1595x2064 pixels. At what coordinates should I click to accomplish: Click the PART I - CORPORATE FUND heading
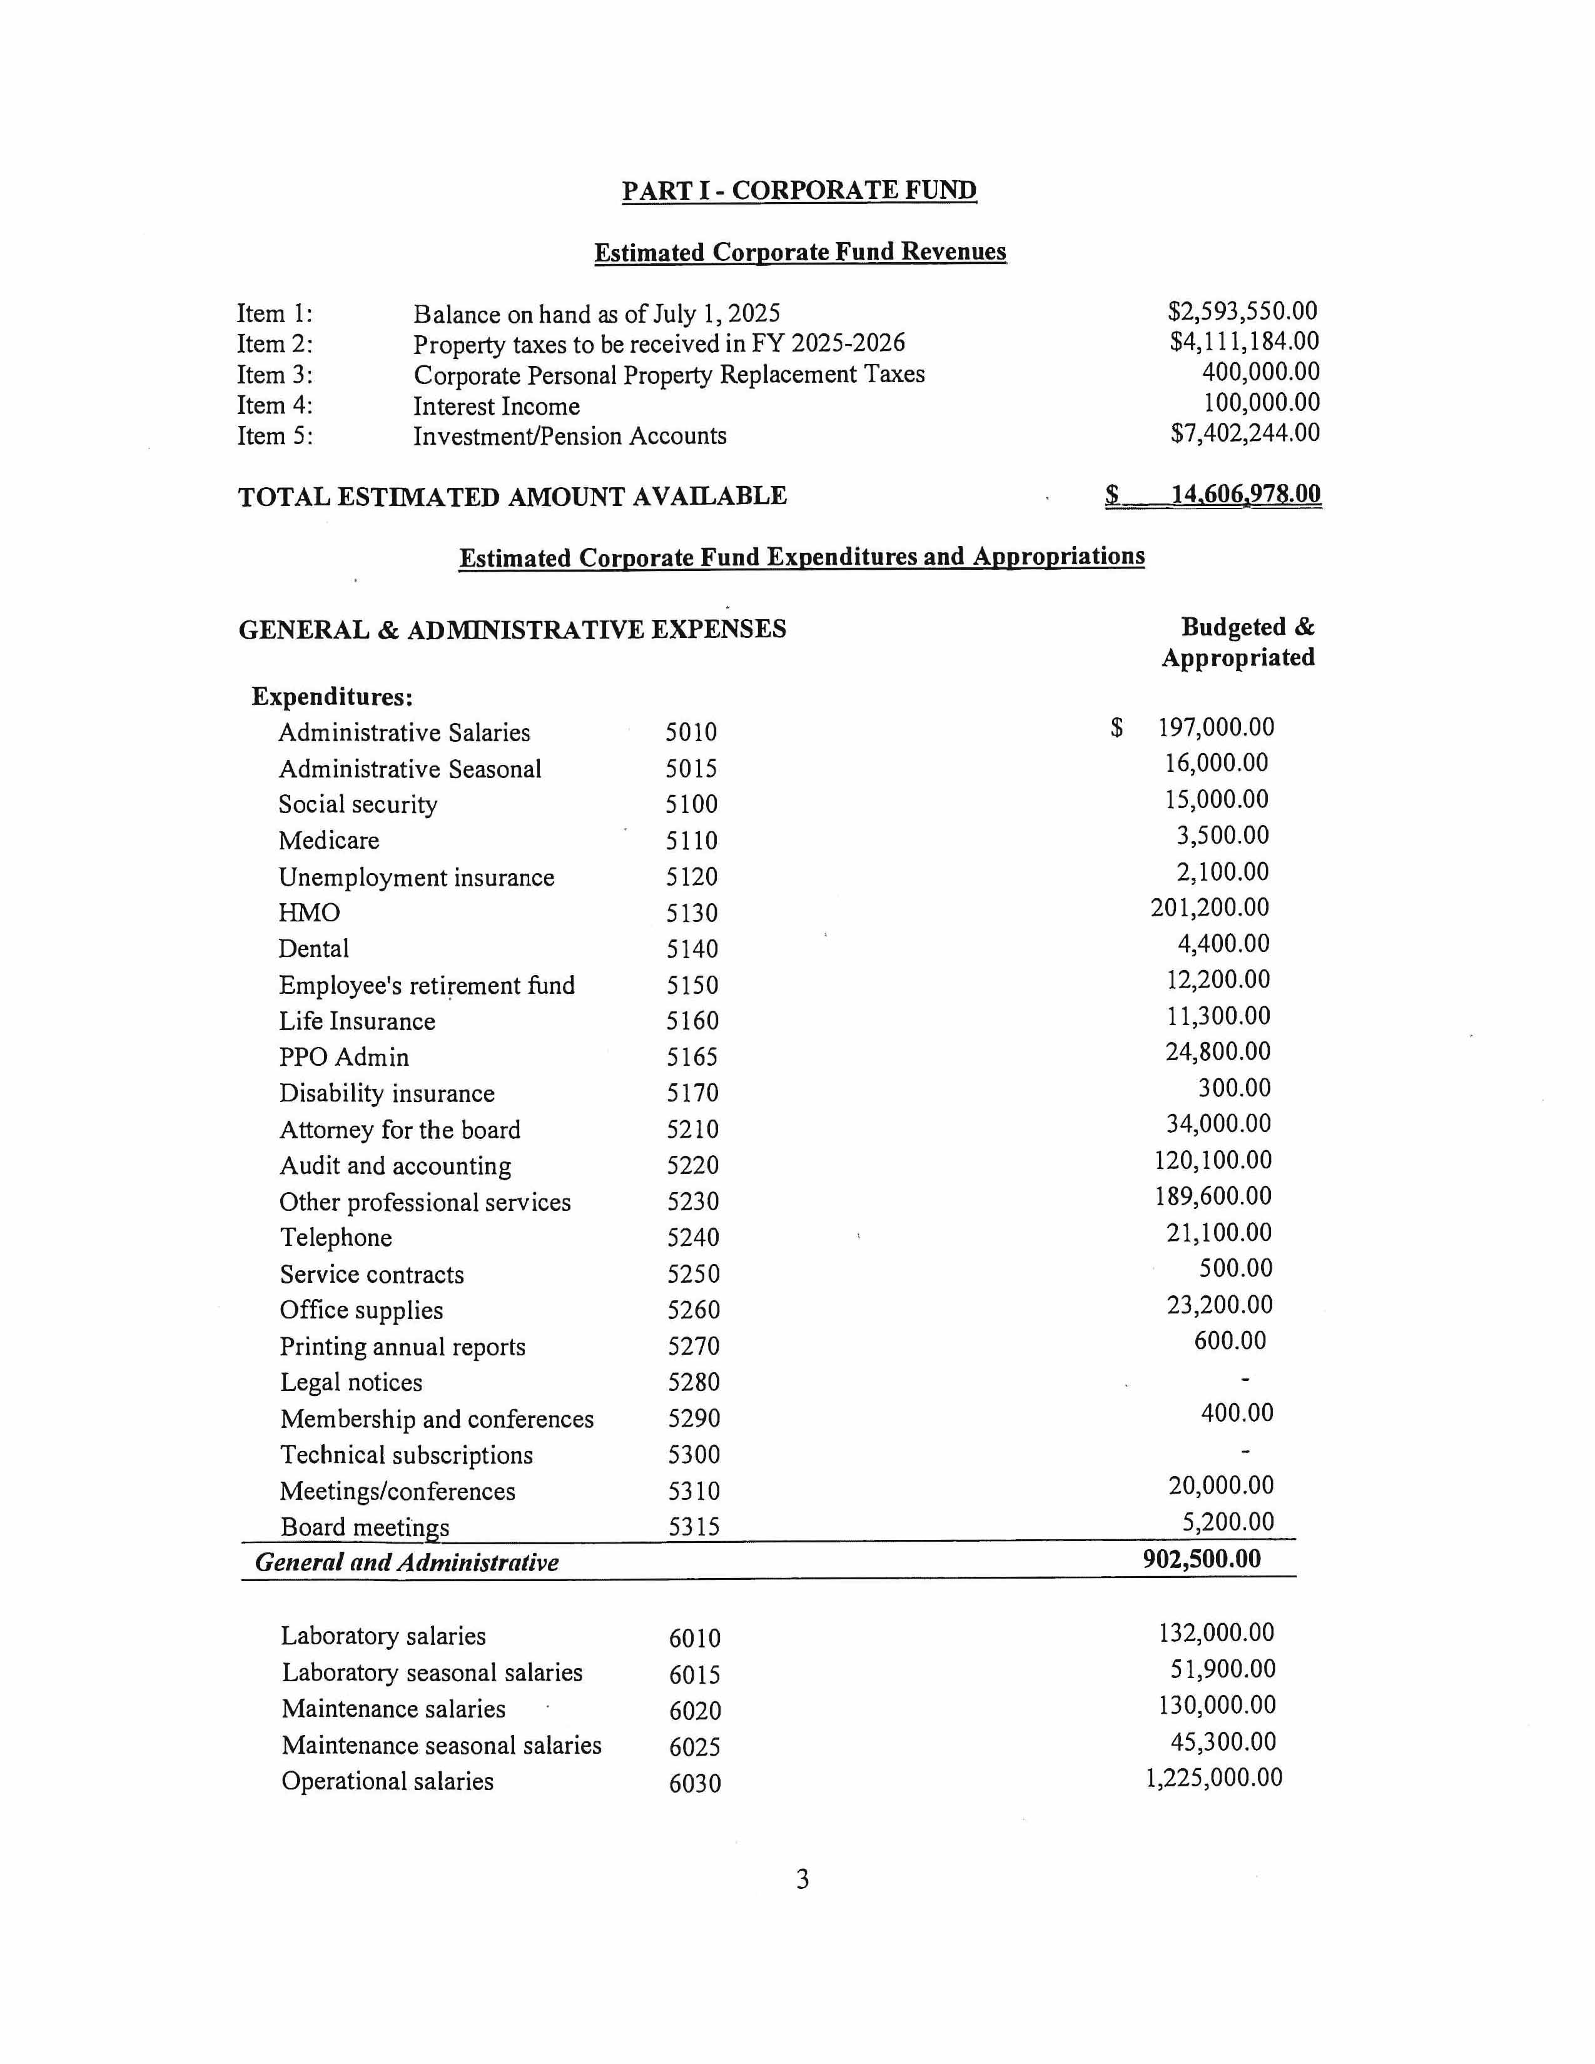point(799,191)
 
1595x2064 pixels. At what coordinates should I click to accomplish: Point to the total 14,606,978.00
point(1245,494)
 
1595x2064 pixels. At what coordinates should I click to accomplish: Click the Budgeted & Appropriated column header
point(1238,642)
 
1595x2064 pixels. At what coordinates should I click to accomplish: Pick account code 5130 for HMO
point(692,913)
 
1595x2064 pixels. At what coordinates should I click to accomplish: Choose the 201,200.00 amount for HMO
point(1210,908)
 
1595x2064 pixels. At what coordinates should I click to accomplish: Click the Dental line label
point(314,949)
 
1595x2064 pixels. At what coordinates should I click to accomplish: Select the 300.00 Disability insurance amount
point(1234,1088)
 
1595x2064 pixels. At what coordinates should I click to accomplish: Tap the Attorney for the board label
point(400,1130)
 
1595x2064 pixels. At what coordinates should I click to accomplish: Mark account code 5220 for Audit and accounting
point(692,1165)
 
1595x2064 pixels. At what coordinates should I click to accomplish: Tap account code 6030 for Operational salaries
point(694,1783)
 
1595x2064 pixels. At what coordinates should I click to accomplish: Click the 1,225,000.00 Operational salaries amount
point(1214,1778)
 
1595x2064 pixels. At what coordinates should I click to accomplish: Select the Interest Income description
point(496,407)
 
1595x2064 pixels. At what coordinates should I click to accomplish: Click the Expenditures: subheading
point(332,697)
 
